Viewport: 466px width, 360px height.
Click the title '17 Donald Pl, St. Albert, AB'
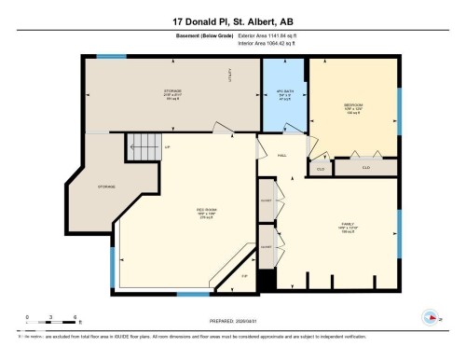point(232,21)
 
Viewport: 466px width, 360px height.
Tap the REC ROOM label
point(206,210)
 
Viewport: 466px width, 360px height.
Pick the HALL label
point(281,156)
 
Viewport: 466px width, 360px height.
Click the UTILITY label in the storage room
point(232,80)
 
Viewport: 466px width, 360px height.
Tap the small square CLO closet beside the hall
point(320,170)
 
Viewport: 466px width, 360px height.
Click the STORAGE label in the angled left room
point(104,187)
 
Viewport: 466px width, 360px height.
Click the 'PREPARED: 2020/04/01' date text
point(233,318)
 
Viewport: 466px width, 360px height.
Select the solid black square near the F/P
point(266,279)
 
